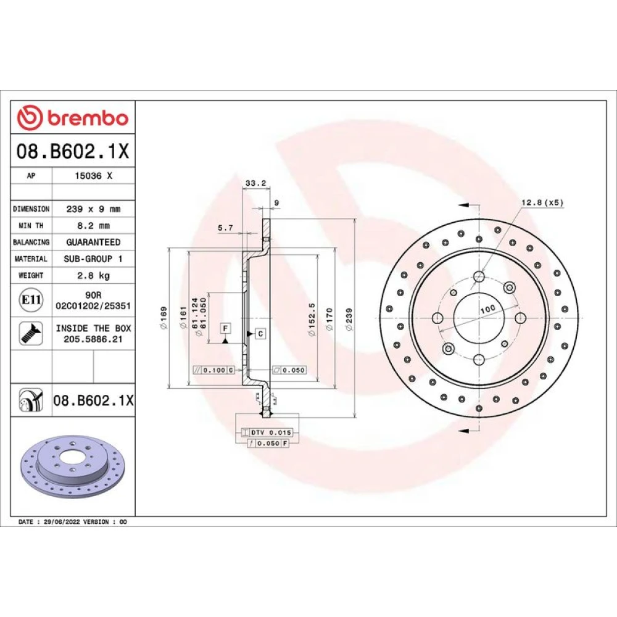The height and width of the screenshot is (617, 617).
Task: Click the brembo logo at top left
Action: pyautogui.click(x=73, y=118)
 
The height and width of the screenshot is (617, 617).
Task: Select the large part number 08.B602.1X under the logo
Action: pyautogui.click(x=73, y=151)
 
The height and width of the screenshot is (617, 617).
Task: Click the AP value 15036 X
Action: pyautogui.click(x=93, y=176)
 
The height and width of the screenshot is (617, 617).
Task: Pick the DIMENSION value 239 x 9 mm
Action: pyautogui.click(x=93, y=209)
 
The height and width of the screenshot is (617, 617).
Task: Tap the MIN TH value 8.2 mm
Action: pyautogui.click(x=93, y=225)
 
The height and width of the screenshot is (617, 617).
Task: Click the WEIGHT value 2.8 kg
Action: pyautogui.click(x=93, y=275)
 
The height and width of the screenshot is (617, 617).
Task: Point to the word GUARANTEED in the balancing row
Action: pyautogui.click(x=93, y=242)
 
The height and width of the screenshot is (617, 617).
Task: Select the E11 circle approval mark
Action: pyautogui.click(x=31, y=300)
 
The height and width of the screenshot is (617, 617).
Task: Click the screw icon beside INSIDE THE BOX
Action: pyautogui.click(x=31, y=333)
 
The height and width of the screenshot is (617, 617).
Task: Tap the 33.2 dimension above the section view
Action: pyautogui.click(x=256, y=183)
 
